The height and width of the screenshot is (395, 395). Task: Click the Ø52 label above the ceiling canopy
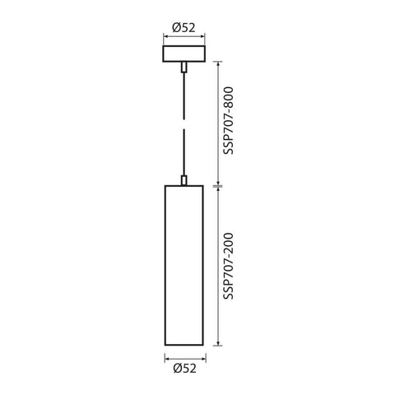[183, 27]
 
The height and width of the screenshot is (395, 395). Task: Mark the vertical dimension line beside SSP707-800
[216, 123]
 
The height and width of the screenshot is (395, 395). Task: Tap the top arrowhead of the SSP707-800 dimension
[216, 64]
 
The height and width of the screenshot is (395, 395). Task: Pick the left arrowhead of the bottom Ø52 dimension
[167, 358]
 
